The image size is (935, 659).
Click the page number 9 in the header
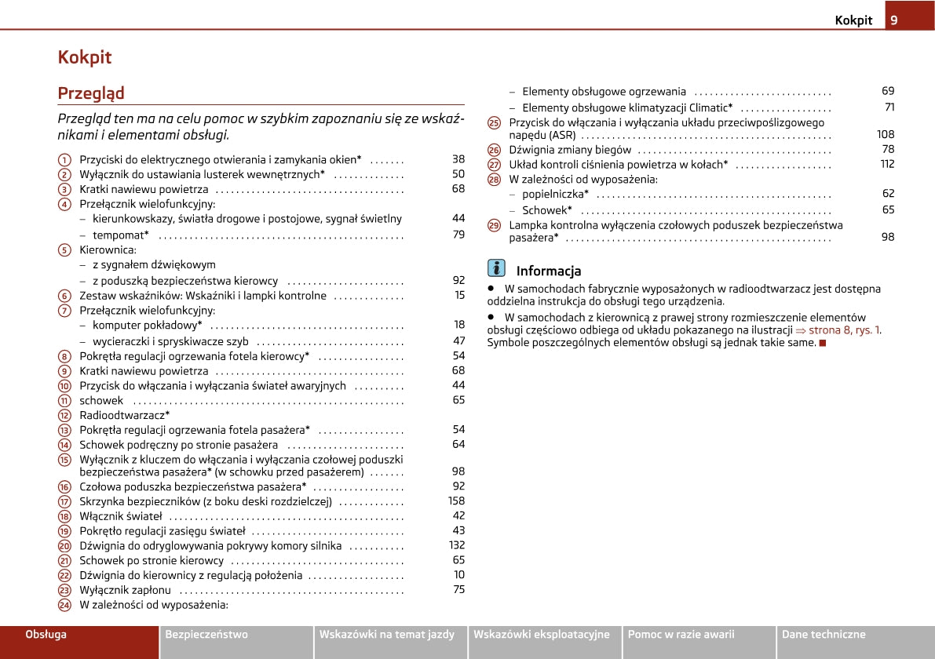(893, 20)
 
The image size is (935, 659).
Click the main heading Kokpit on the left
(85, 57)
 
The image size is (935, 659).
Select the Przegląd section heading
(91, 93)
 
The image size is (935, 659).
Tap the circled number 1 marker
(64, 159)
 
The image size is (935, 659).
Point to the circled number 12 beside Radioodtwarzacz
(64, 415)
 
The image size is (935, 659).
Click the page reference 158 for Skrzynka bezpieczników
(456, 501)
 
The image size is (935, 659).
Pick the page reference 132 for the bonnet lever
(457, 545)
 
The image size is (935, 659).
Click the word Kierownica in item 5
(108, 249)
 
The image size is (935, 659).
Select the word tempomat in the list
(120, 235)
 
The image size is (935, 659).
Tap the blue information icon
(496, 268)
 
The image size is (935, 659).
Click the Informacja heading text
(549, 271)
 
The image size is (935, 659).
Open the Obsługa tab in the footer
(46, 635)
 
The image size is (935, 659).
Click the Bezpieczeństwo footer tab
(206, 635)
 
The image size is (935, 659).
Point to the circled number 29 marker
(494, 225)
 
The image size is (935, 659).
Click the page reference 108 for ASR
(886, 135)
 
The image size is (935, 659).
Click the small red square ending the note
(823, 343)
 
